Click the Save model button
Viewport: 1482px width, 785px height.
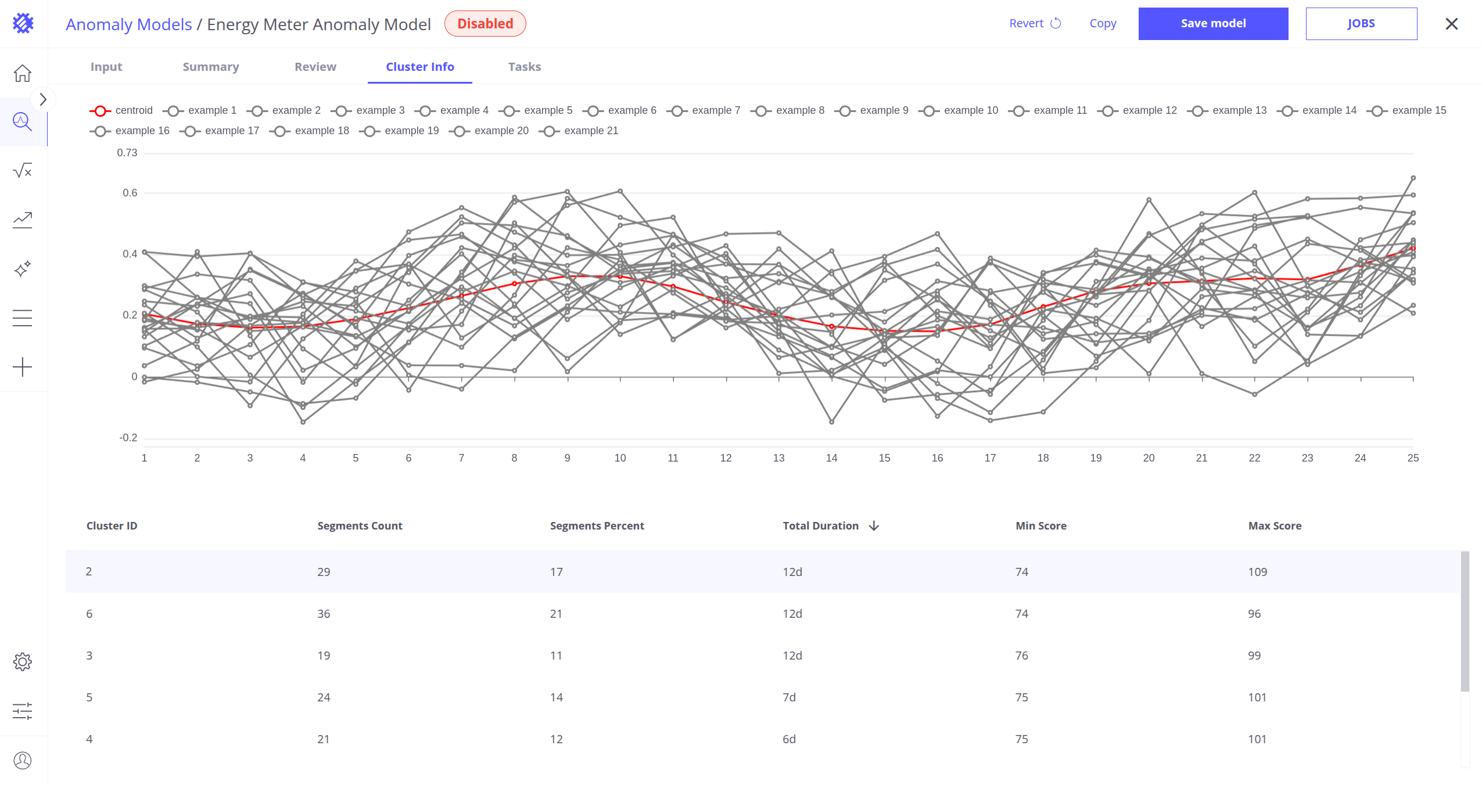pyautogui.click(x=1213, y=24)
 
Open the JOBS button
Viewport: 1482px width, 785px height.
pyautogui.click(x=1361, y=24)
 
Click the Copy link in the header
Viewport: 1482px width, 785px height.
pyautogui.click(x=1103, y=23)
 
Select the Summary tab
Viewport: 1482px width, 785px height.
pyautogui.click(x=211, y=67)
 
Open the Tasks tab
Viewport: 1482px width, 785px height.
pyautogui.click(x=525, y=67)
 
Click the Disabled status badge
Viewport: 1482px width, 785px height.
pyautogui.click(x=485, y=24)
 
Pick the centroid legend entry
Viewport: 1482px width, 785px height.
pyautogui.click(x=121, y=110)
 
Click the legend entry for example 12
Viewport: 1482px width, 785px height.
pyautogui.click(x=1137, y=110)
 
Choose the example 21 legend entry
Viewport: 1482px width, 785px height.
pyautogui.click(x=579, y=131)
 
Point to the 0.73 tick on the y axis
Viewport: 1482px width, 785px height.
pyautogui.click(x=127, y=153)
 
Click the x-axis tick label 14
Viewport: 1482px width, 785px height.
pyautogui.click(x=831, y=458)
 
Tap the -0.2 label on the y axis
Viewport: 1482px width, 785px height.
pyautogui.click(x=128, y=438)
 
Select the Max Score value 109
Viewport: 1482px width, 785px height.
pyautogui.click(x=1258, y=572)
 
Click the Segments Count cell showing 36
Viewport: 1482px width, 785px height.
pyautogui.click(x=324, y=614)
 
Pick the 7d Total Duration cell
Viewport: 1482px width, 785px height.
pyautogui.click(x=789, y=697)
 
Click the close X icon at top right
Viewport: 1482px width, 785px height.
pyautogui.click(x=1452, y=24)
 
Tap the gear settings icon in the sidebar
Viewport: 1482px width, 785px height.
pyautogui.click(x=23, y=662)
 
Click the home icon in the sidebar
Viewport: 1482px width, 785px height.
pyautogui.click(x=23, y=73)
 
